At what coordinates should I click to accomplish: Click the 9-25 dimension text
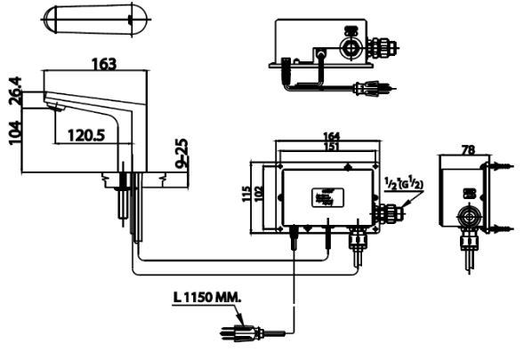181,154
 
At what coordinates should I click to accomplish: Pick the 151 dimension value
330,148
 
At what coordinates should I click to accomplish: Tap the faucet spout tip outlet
57,108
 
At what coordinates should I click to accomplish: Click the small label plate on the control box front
322,197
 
